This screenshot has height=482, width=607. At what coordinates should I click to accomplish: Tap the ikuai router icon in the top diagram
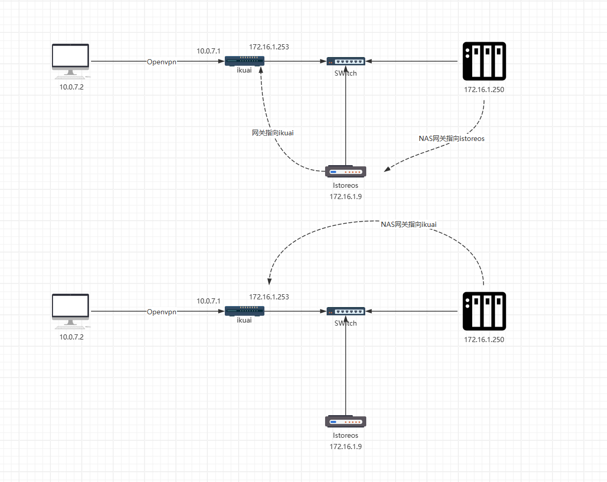245,61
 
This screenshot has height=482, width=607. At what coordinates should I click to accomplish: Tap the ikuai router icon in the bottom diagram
245,311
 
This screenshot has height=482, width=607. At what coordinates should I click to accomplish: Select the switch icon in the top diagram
346,61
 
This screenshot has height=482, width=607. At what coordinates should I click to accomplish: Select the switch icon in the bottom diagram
346,311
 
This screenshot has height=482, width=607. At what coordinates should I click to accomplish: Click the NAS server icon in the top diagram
484,61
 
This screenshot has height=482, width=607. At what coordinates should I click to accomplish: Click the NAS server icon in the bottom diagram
484,311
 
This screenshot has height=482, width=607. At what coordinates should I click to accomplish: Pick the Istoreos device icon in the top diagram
346,172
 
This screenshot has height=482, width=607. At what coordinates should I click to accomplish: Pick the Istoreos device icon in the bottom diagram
346,422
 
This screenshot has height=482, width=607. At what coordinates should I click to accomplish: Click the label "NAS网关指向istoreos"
452,138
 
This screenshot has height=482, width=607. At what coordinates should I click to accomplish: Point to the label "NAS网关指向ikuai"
408,224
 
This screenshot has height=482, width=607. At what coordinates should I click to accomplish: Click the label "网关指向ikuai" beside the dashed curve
273,133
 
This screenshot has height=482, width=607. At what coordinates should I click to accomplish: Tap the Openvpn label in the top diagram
162,62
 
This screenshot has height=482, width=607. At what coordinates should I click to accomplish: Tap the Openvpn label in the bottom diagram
162,312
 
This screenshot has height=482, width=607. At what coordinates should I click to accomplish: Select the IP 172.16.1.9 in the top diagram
346,197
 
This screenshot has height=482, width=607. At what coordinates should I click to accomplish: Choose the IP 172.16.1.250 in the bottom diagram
484,340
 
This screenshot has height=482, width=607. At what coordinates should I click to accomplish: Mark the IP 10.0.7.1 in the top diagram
208,51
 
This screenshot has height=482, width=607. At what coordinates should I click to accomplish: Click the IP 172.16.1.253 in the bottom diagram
269,297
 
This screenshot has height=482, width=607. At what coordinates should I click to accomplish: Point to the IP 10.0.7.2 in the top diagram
72,87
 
